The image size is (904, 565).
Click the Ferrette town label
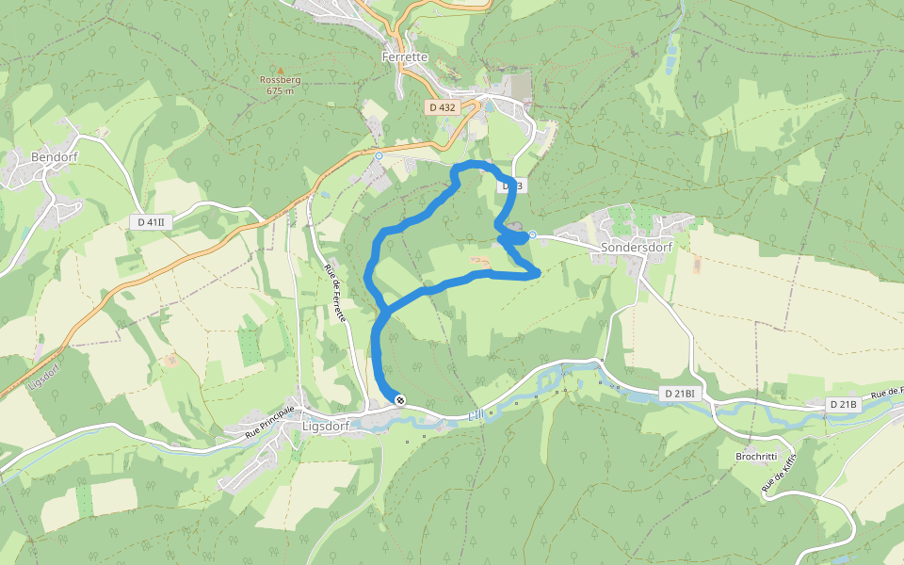pos(406,57)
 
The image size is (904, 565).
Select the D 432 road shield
pos(442,108)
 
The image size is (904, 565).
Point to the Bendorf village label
pos(55,156)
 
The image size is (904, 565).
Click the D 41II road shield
pos(150,222)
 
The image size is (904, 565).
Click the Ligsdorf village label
pos(326,426)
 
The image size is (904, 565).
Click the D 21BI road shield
pos(678,393)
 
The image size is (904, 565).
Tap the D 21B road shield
pos(844,404)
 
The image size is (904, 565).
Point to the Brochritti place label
pos(756,457)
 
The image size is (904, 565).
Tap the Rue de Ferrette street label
pos(335,293)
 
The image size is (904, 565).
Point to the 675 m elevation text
pos(281,91)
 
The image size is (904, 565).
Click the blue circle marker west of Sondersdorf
pos(532,234)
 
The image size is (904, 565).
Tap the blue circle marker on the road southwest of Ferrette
pos(379,155)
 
